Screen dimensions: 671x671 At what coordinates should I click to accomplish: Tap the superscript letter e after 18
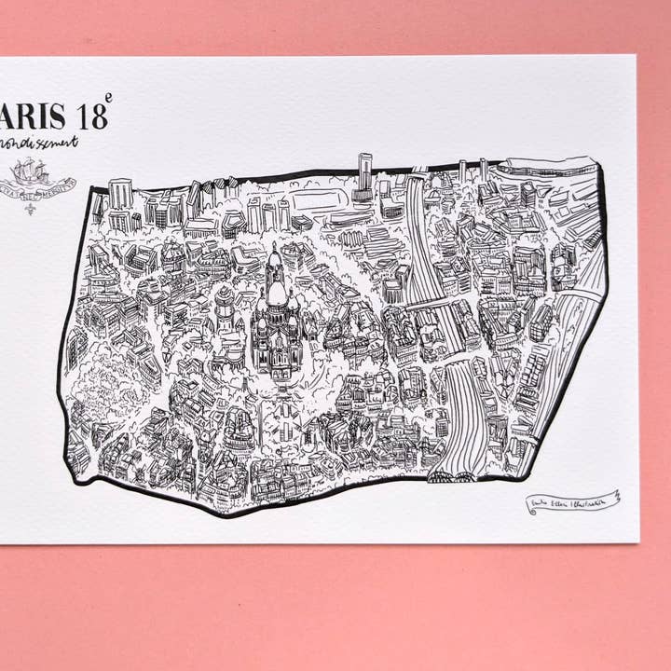(x=108, y=98)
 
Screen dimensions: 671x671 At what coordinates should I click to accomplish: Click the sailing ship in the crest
(x=30, y=171)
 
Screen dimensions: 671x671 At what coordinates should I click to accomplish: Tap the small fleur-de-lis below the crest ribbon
(x=30, y=208)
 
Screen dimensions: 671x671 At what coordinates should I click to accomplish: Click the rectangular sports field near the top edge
(x=314, y=202)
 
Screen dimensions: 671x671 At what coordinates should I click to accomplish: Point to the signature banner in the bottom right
(x=570, y=501)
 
